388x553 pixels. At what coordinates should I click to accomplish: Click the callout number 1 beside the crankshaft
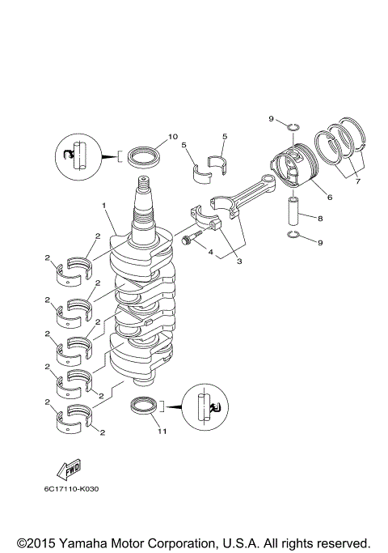point(103,206)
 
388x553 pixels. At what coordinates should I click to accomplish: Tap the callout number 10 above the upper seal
point(172,136)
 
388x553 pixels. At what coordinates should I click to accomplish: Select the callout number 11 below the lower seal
point(162,432)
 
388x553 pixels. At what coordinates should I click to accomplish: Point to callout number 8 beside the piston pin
point(320,218)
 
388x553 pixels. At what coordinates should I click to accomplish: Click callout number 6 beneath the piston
point(329,196)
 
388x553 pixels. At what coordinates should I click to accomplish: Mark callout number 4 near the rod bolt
point(212,253)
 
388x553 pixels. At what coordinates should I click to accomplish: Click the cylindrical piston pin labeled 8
point(296,212)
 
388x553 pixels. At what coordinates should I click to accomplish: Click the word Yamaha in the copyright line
point(82,542)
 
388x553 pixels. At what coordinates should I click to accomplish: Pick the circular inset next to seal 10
point(78,155)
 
